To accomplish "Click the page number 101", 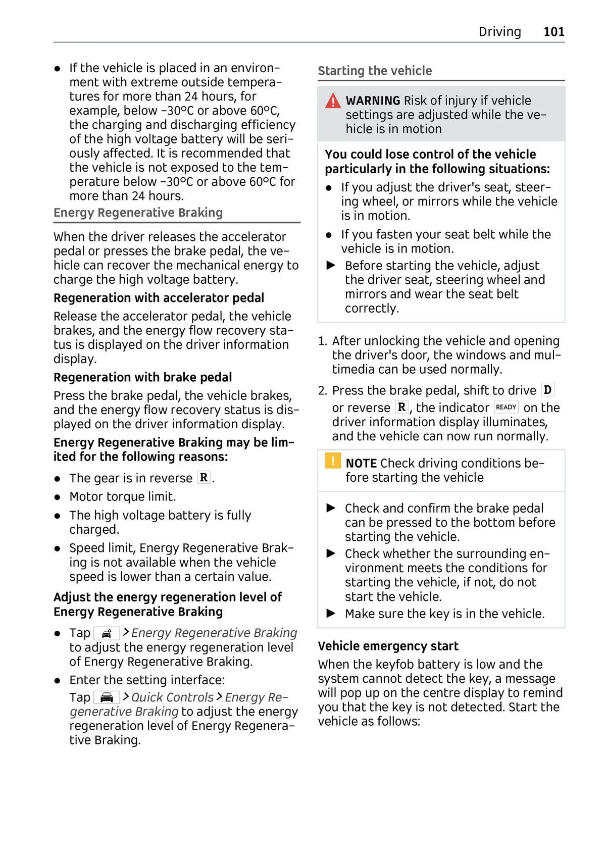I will [553, 32].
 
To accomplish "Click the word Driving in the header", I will [499, 32].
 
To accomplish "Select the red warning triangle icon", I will [333, 101].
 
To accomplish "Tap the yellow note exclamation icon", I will [333, 461].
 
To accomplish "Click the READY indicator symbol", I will [506, 407].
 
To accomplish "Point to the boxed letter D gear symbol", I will [547, 390].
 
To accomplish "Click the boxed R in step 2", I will [401, 407].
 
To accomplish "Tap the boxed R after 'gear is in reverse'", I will [204, 477].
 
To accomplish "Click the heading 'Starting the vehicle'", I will [375, 71].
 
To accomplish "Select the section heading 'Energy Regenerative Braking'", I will [138, 213].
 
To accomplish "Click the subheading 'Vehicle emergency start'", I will [388, 646].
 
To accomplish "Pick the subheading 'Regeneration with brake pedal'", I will [142, 377].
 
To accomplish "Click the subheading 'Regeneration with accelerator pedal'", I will [159, 298].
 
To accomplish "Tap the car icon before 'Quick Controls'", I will [107, 697].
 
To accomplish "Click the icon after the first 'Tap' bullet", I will [107, 633].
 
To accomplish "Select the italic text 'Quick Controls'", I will [172, 697].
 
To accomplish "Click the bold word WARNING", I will [373, 100].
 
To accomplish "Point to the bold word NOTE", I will [361, 463].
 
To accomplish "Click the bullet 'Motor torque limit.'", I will [122, 496].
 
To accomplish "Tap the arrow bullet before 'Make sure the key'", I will [331, 614].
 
